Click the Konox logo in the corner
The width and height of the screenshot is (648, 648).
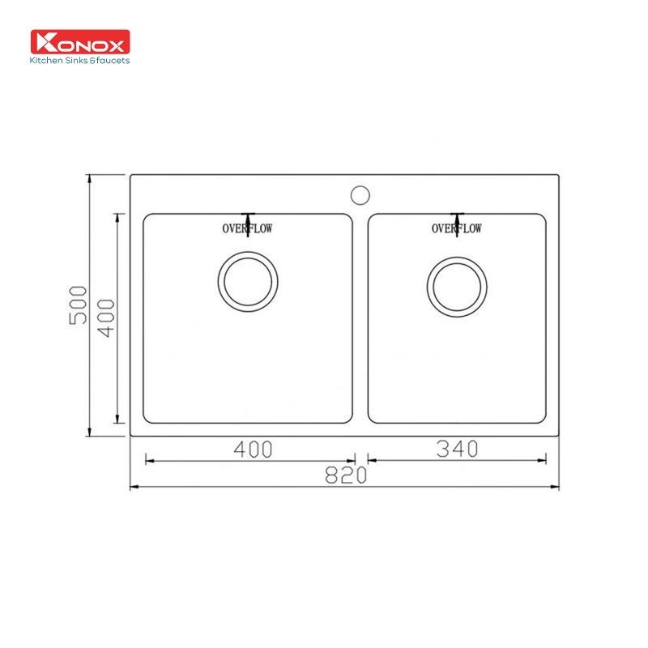[x=79, y=42]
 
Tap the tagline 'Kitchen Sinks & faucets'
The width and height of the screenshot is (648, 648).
[x=79, y=60]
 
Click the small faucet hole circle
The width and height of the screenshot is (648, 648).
[x=360, y=194]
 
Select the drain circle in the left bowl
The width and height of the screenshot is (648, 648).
[x=248, y=281]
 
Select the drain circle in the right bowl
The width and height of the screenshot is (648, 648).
[x=457, y=287]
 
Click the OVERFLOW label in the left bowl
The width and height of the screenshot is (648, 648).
[x=248, y=229]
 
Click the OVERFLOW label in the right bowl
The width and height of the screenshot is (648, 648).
[x=457, y=229]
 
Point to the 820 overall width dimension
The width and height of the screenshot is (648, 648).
[x=345, y=476]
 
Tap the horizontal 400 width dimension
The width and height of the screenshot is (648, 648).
[x=249, y=449]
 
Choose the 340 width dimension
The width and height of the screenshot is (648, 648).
[x=457, y=449]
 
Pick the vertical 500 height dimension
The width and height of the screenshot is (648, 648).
[x=79, y=305]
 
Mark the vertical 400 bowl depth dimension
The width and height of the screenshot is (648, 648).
[x=106, y=318]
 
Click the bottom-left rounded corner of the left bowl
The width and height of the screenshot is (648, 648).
[x=147, y=420]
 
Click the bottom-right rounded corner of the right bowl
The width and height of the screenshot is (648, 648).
[x=542, y=420]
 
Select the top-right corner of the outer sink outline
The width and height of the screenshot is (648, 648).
[x=559, y=175]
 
